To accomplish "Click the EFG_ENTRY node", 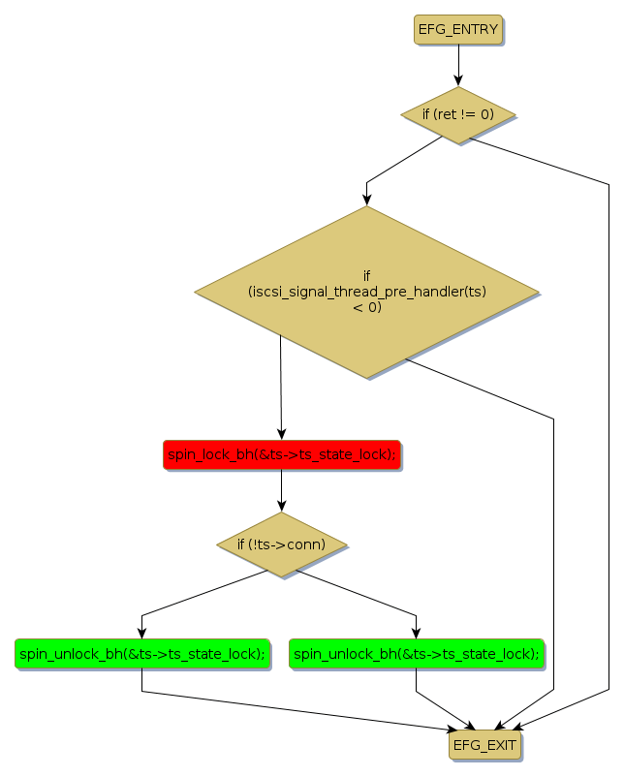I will click(x=458, y=30).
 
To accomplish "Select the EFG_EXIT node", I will click(x=484, y=745).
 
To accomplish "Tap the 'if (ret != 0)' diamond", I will click(x=458, y=114).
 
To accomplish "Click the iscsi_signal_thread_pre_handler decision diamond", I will click(x=366, y=292).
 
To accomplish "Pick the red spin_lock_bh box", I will click(x=281, y=454).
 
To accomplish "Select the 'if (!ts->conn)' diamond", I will click(x=281, y=544).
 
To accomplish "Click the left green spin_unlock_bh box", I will click(x=141, y=654).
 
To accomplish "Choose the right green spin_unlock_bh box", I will click(x=417, y=654).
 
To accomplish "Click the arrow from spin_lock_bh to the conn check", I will click(x=281, y=489).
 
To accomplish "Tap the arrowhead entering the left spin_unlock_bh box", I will click(x=141, y=633).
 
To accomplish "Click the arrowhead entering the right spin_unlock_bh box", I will click(x=417, y=633).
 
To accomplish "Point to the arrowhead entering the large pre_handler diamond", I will click(x=366, y=200).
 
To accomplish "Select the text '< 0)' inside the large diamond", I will click(x=366, y=308).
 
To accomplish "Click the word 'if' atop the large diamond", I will click(x=366, y=275).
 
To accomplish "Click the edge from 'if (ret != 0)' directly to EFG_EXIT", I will click(x=609, y=436).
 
